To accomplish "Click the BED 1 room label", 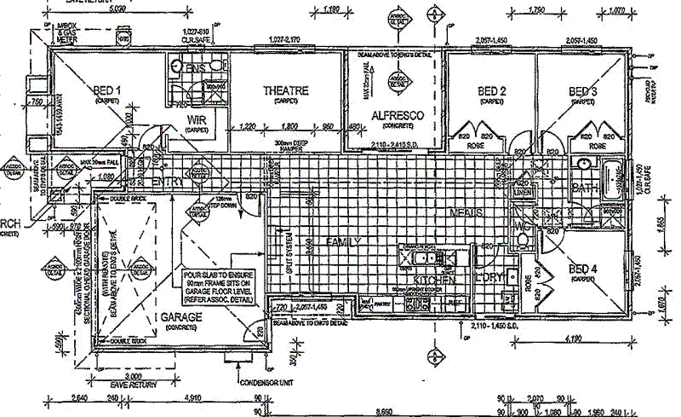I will pyautogui.click(x=106, y=90).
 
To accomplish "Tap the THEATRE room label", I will pyautogui.click(x=285, y=90).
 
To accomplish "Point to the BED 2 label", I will pyautogui.click(x=492, y=91).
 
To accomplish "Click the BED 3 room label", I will pyautogui.click(x=583, y=91).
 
